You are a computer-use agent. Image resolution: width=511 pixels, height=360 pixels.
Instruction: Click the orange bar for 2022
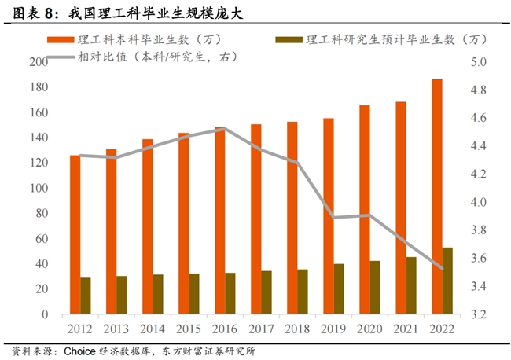(x=437, y=197)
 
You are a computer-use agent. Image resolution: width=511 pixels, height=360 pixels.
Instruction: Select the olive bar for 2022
(x=448, y=281)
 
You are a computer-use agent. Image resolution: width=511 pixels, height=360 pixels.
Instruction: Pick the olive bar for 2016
(x=230, y=293)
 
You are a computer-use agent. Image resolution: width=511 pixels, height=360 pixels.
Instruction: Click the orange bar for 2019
(x=329, y=216)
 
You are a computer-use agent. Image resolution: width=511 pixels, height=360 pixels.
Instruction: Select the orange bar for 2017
(x=256, y=219)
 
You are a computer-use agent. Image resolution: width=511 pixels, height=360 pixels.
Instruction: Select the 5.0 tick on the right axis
(x=480, y=62)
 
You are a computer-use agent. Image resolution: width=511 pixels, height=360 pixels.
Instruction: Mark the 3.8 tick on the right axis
(x=480, y=230)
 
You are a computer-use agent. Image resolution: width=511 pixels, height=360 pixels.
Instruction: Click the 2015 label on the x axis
(x=189, y=329)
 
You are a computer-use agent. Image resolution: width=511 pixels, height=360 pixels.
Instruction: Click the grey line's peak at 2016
(x=225, y=128)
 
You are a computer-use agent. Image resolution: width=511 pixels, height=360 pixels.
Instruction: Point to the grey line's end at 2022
(x=443, y=269)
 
